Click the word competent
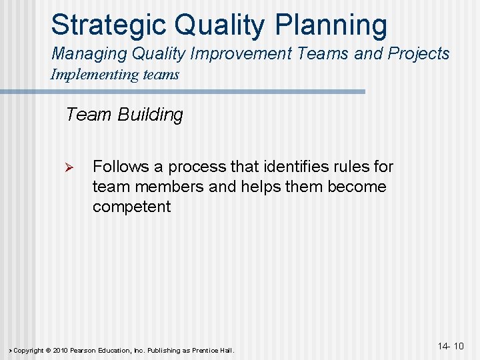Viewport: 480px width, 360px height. pyautogui.click(x=131, y=207)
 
